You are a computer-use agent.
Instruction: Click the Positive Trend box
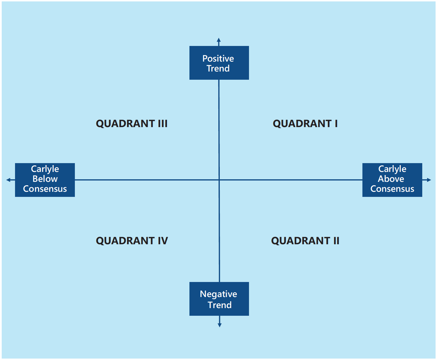point(219,63)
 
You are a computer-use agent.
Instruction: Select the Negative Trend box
point(219,299)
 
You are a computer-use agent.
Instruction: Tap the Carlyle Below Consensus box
point(45,180)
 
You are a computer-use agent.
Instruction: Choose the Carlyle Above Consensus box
point(392,180)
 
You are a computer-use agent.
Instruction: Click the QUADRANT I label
point(305,124)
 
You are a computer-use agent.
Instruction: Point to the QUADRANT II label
point(305,241)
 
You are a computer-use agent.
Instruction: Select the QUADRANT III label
point(132,124)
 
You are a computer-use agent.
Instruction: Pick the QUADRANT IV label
point(132,241)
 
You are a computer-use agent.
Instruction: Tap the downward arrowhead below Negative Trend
point(219,325)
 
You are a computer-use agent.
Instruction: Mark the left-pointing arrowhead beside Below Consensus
point(9,180)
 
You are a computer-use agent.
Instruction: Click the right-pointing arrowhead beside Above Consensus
point(429,180)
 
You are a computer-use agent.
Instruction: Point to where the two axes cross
point(219,180)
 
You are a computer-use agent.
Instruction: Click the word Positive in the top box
point(218,58)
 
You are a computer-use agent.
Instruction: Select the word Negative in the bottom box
point(218,294)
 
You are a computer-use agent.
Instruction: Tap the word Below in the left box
point(45,179)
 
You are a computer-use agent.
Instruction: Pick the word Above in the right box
point(391,179)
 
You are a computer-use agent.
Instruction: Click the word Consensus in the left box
point(45,189)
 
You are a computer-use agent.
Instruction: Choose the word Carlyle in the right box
point(392,169)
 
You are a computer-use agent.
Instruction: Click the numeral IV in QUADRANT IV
point(162,241)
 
